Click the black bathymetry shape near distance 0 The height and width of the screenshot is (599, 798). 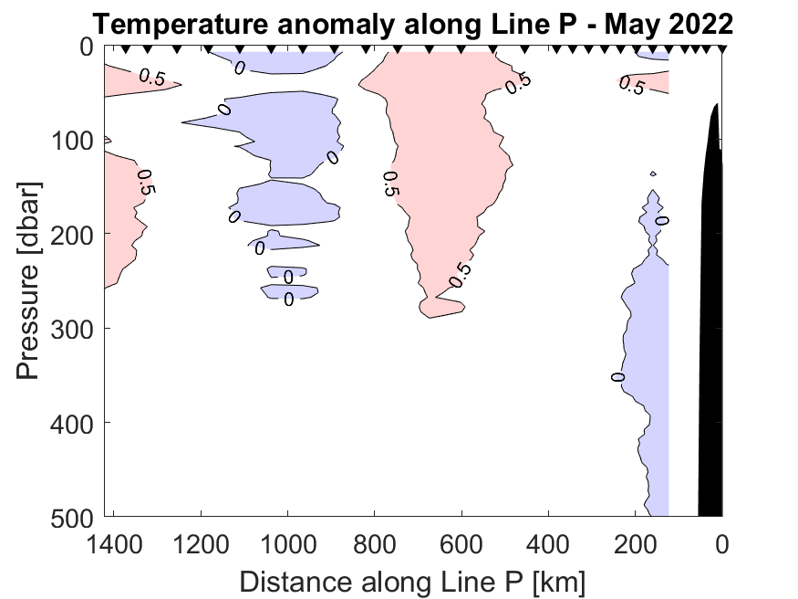711,320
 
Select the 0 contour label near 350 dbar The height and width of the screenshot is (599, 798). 617,377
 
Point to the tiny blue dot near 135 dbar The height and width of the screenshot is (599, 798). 653,173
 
